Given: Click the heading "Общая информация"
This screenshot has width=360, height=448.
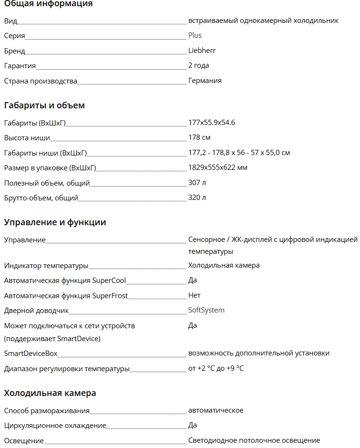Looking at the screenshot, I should (48, 4).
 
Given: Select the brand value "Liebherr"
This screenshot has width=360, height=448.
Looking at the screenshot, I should (202, 51).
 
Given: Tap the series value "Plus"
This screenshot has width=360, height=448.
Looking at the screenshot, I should (195, 35).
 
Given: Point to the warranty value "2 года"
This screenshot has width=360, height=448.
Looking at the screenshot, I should (198, 65).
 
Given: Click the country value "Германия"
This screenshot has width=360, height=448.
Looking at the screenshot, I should (205, 81).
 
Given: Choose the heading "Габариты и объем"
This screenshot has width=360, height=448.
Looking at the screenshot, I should (44, 105).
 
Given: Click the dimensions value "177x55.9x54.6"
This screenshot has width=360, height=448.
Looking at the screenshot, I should (211, 123).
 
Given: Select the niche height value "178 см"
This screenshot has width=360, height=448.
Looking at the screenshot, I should (199, 138).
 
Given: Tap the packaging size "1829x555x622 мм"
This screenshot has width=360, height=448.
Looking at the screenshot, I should (217, 167).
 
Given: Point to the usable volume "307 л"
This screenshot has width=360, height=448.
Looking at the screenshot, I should (197, 183).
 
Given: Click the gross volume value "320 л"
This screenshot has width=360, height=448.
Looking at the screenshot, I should (197, 198).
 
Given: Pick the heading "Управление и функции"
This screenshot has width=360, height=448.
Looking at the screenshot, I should (55, 222).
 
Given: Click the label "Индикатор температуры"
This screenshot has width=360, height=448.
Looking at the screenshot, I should (46, 265).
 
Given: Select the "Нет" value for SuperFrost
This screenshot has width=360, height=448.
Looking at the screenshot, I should (194, 295).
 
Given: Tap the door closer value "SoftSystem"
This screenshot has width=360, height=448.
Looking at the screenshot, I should (206, 310).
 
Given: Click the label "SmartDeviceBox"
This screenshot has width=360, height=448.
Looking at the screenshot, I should (31, 354).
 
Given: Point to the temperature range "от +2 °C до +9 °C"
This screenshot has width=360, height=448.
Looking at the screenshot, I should (216, 368).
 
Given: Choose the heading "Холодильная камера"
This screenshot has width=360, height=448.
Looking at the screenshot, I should (50, 393).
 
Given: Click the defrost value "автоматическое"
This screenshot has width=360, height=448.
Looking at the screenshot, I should (216, 410).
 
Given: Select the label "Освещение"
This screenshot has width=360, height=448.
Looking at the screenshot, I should (24, 440).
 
